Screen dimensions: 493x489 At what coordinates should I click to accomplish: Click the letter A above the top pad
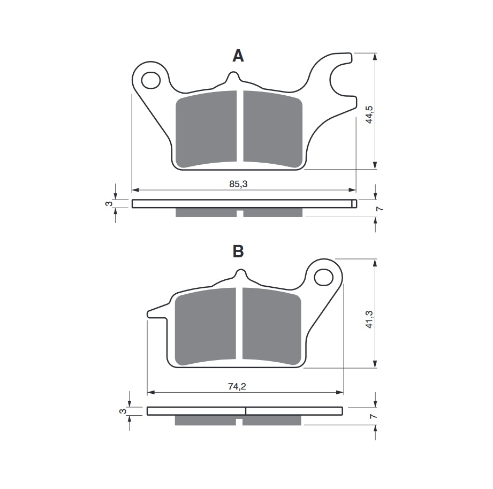tap(238, 56)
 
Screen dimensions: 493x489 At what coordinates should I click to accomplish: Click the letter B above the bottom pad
tap(238, 251)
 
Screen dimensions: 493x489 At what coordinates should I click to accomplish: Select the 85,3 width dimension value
tap(238, 184)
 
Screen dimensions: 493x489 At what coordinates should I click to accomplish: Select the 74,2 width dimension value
tap(237, 386)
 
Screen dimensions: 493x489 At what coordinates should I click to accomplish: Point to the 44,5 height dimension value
tap(369, 114)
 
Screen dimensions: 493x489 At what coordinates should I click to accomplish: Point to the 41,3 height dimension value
tap(369, 319)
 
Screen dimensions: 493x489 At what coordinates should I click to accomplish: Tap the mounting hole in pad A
tap(151, 80)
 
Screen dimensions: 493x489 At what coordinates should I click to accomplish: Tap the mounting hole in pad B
tap(323, 277)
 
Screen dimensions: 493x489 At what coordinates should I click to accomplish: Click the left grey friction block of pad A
tap(206, 129)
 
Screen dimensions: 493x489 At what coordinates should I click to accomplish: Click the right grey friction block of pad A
tap(273, 129)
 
